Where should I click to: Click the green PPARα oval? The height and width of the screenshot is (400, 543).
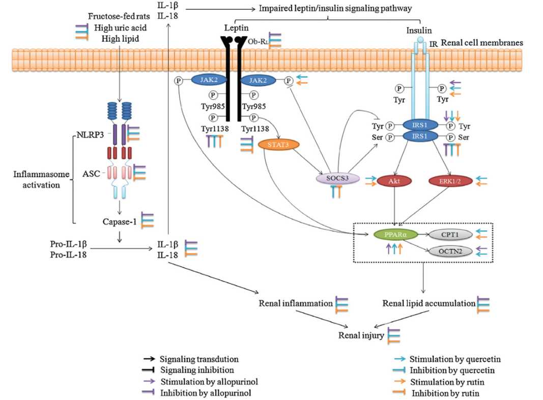coord(395,235)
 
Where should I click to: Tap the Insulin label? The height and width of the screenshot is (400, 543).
coord(416,30)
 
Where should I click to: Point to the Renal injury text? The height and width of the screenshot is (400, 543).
coord(361,335)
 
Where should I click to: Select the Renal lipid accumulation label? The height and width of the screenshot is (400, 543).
coord(428,303)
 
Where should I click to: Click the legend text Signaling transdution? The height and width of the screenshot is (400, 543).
coord(199,359)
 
